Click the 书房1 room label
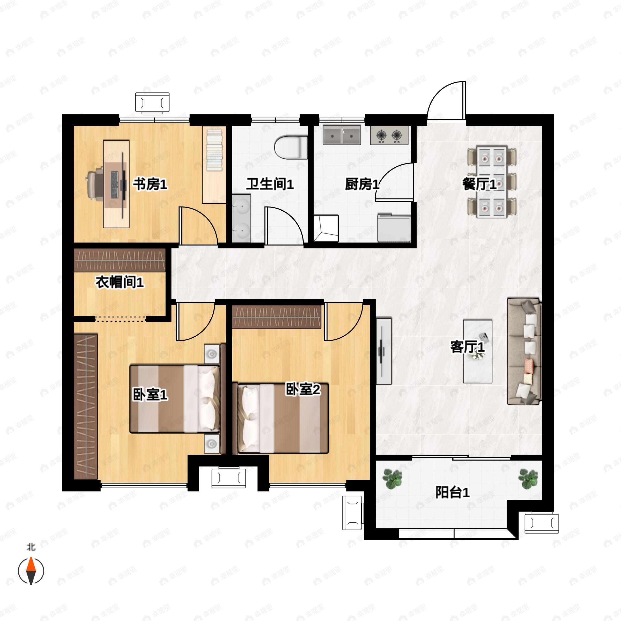[150, 184]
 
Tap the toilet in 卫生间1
[291, 147]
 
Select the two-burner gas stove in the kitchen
[389, 135]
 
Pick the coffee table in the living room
[478, 351]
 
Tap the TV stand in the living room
[384, 351]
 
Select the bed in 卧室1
[175, 398]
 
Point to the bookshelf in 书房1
[214, 165]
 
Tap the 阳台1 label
[452, 492]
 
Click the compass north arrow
[31, 571]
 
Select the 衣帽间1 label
[119, 283]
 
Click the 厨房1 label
[362, 184]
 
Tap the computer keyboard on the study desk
[114, 184]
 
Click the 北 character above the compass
[31, 547]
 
